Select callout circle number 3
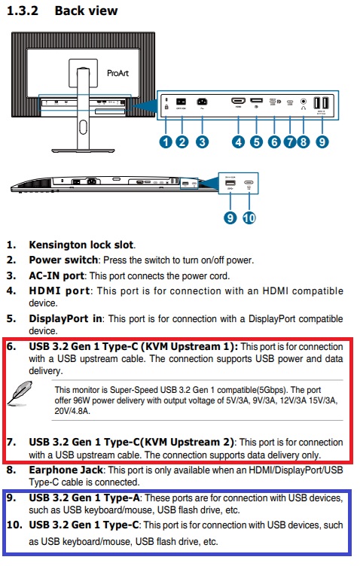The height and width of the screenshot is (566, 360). click(x=201, y=141)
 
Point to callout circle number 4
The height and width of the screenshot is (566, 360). click(x=238, y=141)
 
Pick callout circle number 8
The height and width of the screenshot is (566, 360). click(x=304, y=141)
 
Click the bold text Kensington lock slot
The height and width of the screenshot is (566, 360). click(x=81, y=245)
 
